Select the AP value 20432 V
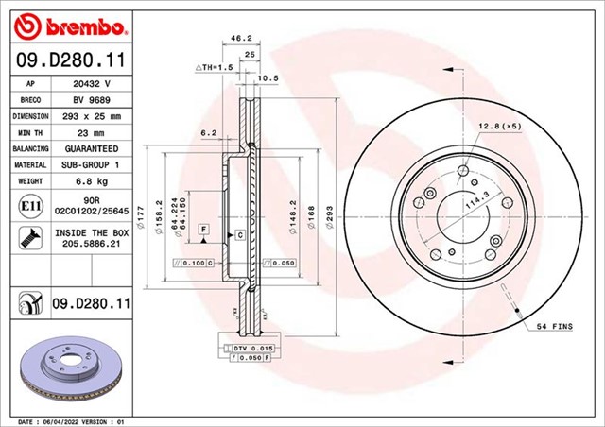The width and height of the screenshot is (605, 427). pos(92,83)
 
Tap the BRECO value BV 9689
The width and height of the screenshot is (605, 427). pos(92,99)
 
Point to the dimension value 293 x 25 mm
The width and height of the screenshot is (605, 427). pos(92,116)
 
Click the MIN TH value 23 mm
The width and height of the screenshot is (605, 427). pos(92,132)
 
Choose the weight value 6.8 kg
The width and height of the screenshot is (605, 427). pos(92,180)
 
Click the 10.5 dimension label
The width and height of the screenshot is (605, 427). pos(268,78)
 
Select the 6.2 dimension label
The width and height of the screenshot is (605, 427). pos(210,132)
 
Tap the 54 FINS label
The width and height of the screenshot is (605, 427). pos(556,326)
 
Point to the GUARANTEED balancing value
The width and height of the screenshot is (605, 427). pos(92,148)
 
